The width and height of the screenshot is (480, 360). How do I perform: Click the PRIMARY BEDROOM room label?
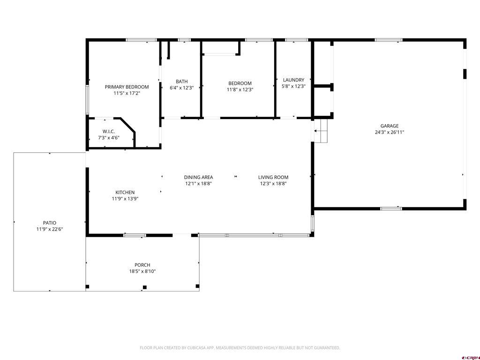pyautogui.click(x=127, y=87)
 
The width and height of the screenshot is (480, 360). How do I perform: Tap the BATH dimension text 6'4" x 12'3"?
pyautogui.click(x=181, y=88)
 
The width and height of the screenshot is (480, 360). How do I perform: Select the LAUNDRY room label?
pyautogui.click(x=293, y=80)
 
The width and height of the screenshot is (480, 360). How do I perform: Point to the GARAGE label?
pyautogui.click(x=389, y=126)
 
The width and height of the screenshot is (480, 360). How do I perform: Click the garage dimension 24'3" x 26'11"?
pyautogui.click(x=389, y=132)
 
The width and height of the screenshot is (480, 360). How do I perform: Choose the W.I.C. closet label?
pyautogui.click(x=109, y=131)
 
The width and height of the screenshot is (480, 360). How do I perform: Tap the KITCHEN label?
pyautogui.click(x=125, y=192)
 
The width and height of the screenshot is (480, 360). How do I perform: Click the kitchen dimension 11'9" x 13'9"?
pyautogui.click(x=125, y=199)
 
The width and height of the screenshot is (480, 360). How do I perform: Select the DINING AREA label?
pyautogui.click(x=198, y=177)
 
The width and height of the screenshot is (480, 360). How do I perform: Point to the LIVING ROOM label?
pyautogui.click(x=273, y=177)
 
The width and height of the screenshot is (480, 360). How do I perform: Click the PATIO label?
pyautogui.click(x=50, y=223)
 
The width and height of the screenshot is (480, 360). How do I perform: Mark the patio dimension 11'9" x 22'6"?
pyautogui.click(x=50, y=229)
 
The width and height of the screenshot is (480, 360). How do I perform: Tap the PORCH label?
pyautogui.click(x=142, y=265)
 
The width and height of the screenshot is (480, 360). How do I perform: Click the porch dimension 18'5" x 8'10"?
pyautogui.click(x=142, y=271)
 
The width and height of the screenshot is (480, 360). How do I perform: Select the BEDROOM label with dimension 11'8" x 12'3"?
pyautogui.click(x=240, y=83)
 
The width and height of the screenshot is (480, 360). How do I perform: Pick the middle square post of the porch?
pyautogui.click(x=145, y=287)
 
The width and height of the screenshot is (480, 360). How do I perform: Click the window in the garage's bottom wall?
pyautogui.click(x=391, y=208)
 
